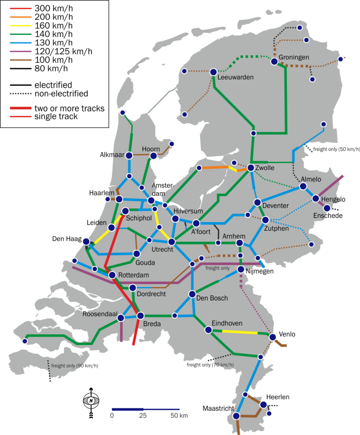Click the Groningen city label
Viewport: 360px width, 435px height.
[294, 57]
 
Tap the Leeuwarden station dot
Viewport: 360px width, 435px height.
[213, 72]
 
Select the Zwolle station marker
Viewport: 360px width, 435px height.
[251, 167]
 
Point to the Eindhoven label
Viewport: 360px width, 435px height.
[227, 323]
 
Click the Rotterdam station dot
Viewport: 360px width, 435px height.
[112, 275]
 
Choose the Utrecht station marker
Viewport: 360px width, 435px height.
[172, 242]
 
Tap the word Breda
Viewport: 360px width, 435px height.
[152, 324]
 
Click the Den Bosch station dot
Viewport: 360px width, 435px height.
[192, 294]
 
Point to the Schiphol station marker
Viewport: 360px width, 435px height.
[125, 211]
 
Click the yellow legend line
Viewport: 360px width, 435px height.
[21, 25]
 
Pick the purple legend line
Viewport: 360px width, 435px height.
[21, 51]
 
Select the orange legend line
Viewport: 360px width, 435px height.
[21, 17]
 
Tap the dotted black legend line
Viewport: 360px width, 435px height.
[21, 93]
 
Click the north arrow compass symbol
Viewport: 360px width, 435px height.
[91, 400]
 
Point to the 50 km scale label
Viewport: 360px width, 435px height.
[180, 416]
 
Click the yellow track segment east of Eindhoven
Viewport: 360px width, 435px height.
[240, 332]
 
